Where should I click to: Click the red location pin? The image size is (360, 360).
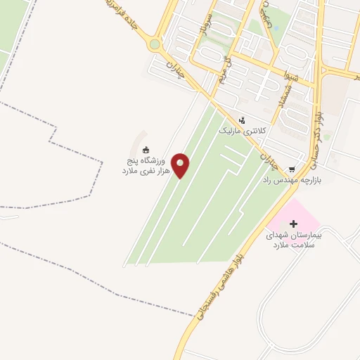(181, 166)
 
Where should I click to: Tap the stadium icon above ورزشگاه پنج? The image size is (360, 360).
(146, 149)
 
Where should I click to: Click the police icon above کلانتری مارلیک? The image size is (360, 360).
(242, 120)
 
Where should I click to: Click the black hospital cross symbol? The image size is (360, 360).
(293, 224)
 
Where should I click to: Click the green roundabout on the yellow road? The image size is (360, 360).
(155, 45)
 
